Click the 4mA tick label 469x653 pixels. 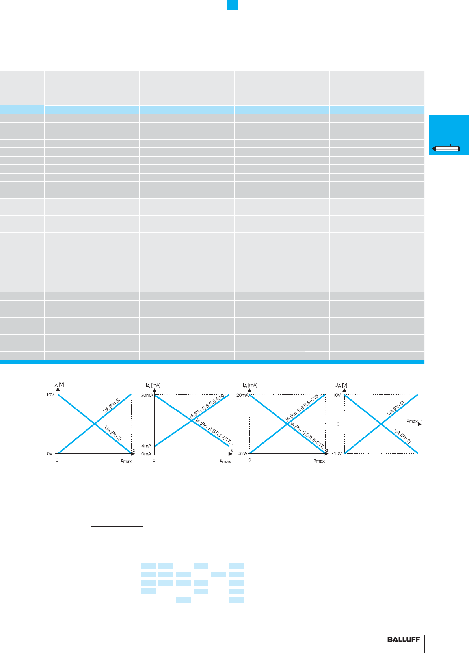(x=146, y=446)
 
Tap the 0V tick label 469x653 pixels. (x=50, y=454)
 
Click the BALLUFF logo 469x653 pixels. (x=403, y=640)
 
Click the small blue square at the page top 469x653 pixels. (x=232, y=5)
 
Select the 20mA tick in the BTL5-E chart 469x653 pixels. (x=147, y=395)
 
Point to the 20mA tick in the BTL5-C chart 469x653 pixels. (x=242, y=395)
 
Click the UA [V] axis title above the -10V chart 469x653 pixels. (x=341, y=385)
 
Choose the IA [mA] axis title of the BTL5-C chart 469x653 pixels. (x=250, y=385)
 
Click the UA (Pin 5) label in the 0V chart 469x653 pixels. (x=112, y=406)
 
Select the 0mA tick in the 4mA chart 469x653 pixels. (x=146, y=454)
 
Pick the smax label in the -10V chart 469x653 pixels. (x=412, y=421)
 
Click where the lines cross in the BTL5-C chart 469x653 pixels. (x=287, y=424)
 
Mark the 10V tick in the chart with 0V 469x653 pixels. (x=50, y=395)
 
